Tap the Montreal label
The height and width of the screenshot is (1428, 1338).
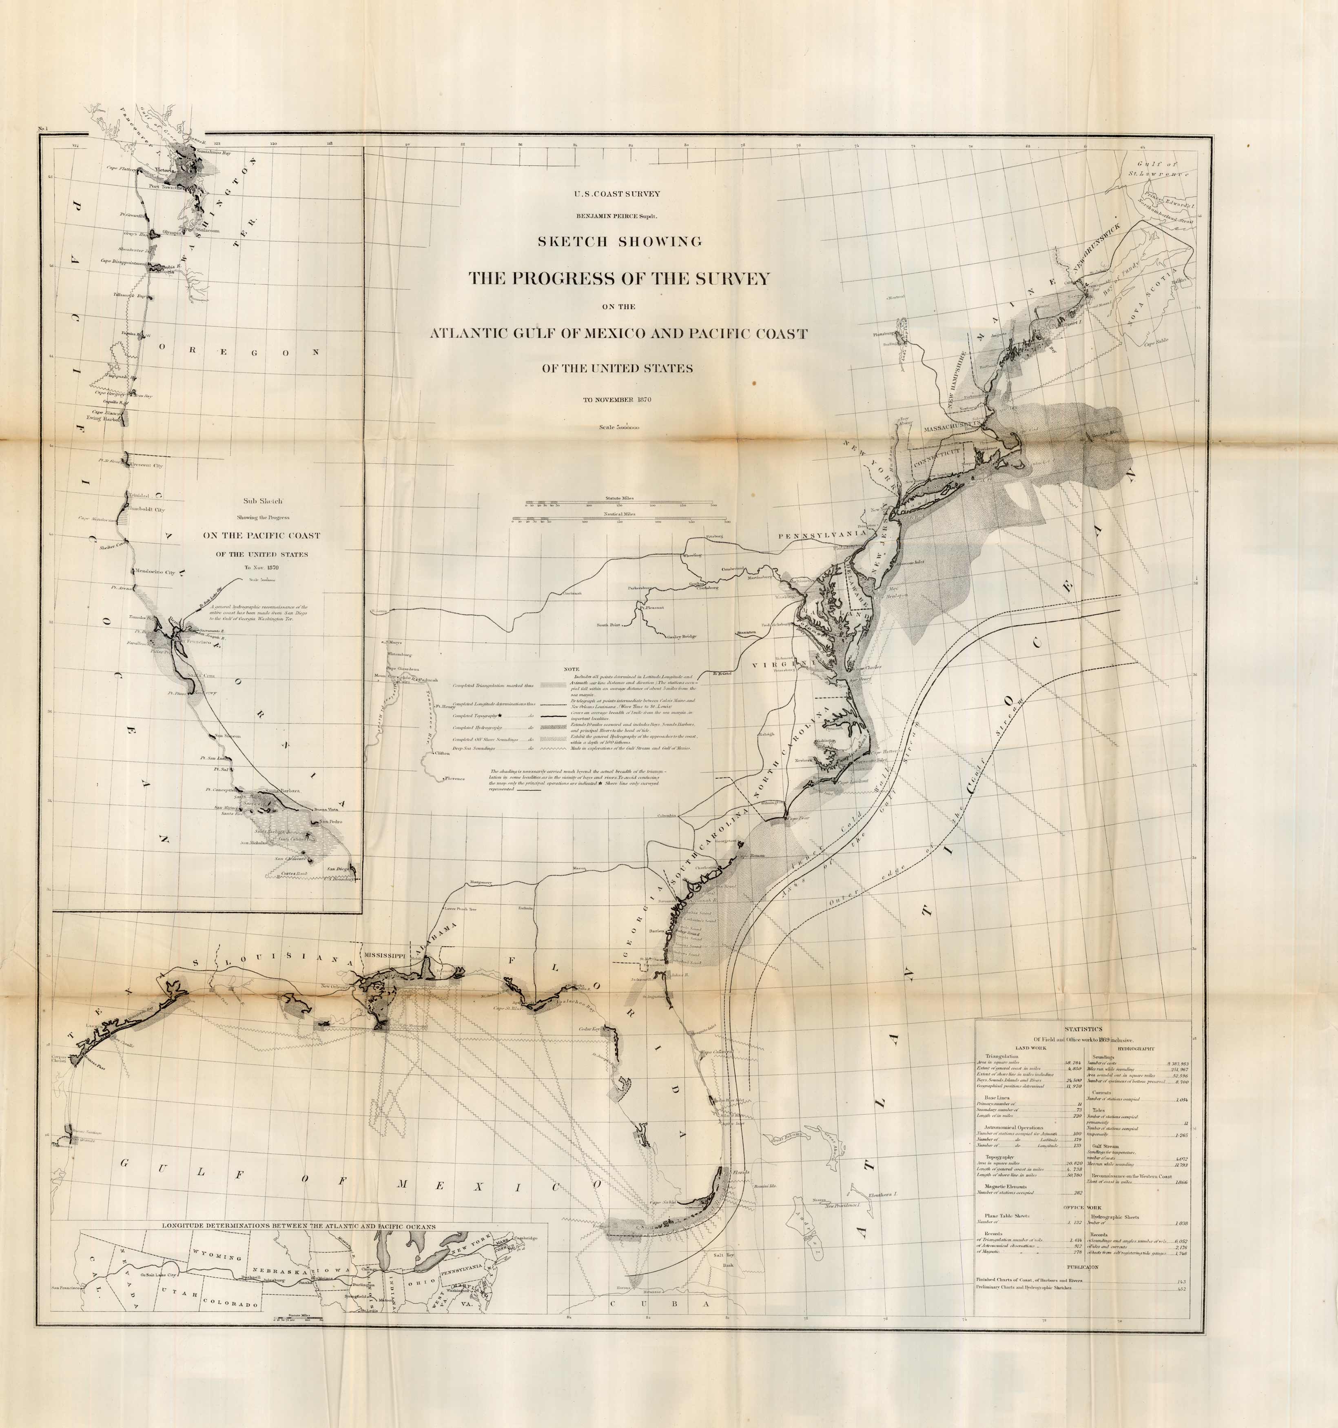[895, 297]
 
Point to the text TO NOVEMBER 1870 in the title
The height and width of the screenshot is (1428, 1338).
[618, 399]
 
